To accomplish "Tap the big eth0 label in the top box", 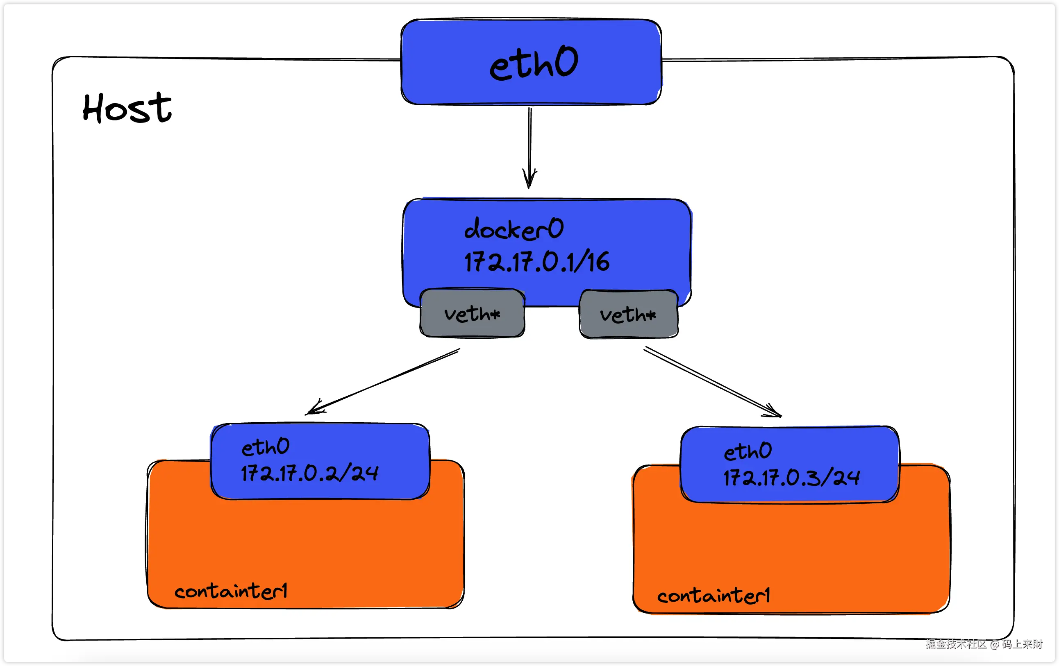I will [534, 64].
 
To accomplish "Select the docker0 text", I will [514, 229].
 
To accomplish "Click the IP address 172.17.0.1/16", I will [536, 262].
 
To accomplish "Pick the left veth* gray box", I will [472, 313].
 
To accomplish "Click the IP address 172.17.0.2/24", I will [309, 474].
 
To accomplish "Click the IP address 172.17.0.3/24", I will [791, 478].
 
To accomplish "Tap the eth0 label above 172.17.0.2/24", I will [265, 447].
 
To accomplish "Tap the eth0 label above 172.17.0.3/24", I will [748, 451].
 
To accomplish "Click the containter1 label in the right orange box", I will [714, 596].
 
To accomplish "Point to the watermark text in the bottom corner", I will [984, 644].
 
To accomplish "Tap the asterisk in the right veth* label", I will [651, 315].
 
